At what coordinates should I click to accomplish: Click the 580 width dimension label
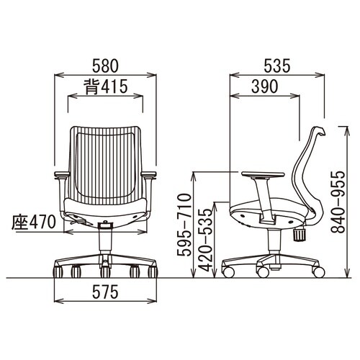click(105, 66)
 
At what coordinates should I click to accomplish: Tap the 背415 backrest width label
click(105, 86)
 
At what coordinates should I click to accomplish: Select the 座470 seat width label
click(34, 222)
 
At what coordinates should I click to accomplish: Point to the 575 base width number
click(105, 292)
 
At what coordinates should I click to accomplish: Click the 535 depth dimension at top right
click(277, 66)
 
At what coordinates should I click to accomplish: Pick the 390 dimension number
click(265, 86)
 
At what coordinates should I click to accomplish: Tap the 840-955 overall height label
click(338, 202)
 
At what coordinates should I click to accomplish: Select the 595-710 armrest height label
click(184, 225)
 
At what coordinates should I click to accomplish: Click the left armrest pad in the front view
click(62, 174)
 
